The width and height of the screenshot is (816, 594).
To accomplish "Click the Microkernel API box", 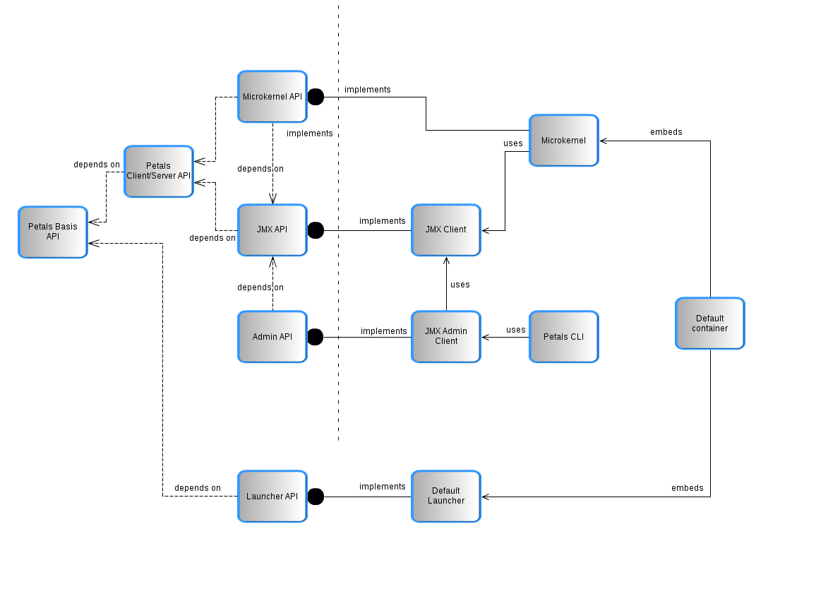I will point(272,97).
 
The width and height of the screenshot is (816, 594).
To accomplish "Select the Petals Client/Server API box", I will point(158,171).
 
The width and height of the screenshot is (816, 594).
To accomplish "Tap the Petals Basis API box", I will point(53,232).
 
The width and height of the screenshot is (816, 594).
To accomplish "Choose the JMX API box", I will point(272,230).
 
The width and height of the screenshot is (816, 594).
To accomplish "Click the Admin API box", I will point(272,337).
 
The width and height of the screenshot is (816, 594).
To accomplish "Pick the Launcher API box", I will point(272,496).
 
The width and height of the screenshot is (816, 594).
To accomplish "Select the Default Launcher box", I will point(445,496).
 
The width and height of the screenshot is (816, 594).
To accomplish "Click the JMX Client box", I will point(445,230).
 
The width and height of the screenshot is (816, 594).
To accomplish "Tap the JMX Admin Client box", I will point(445,336).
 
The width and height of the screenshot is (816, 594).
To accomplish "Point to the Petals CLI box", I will point(563,337).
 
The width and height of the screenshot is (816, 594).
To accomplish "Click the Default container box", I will point(709,323).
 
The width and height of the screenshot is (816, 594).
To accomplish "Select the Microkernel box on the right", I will point(563,141).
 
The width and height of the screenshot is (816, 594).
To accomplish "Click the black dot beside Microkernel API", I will point(316,97).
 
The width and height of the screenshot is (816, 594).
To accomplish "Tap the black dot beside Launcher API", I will point(316,497).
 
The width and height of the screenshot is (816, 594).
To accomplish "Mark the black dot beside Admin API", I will point(316,337).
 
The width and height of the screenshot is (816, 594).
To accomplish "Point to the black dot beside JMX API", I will point(316,230).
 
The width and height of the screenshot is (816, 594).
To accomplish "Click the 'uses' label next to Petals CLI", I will point(515,330).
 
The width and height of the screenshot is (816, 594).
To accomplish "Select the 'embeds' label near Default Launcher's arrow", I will point(687,488).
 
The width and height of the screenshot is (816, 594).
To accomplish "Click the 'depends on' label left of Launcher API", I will point(198,488).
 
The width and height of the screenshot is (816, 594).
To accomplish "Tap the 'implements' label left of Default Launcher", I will point(382,487).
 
